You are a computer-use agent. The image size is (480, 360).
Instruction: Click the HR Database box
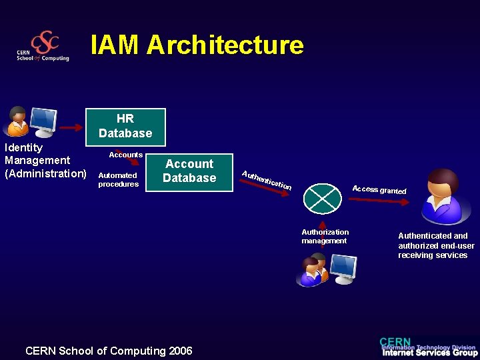point(125,127)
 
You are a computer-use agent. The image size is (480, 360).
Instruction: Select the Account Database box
point(189,171)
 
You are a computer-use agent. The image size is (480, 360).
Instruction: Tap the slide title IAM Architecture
point(197,45)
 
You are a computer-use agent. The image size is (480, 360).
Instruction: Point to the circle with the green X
point(322,198)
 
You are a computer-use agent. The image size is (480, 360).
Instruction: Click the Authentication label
point(267,179)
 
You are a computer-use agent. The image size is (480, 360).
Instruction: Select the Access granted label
point(379,190)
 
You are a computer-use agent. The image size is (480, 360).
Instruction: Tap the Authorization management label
point(325,237)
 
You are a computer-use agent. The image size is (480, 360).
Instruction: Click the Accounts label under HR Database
point(126,155)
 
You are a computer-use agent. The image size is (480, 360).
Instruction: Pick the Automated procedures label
point(118,180)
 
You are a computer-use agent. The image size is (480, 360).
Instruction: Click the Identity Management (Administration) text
point(45,161)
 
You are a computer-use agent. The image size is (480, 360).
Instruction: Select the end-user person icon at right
point(442,197)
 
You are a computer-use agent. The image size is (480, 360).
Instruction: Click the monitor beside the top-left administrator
point(43,122)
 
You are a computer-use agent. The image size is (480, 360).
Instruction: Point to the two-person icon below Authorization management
point(313,270)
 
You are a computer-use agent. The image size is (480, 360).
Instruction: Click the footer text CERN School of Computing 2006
point(109,351)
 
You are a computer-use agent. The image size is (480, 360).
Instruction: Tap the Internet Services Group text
point(429,353)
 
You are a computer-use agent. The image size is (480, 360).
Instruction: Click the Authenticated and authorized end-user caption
point(436,245)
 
